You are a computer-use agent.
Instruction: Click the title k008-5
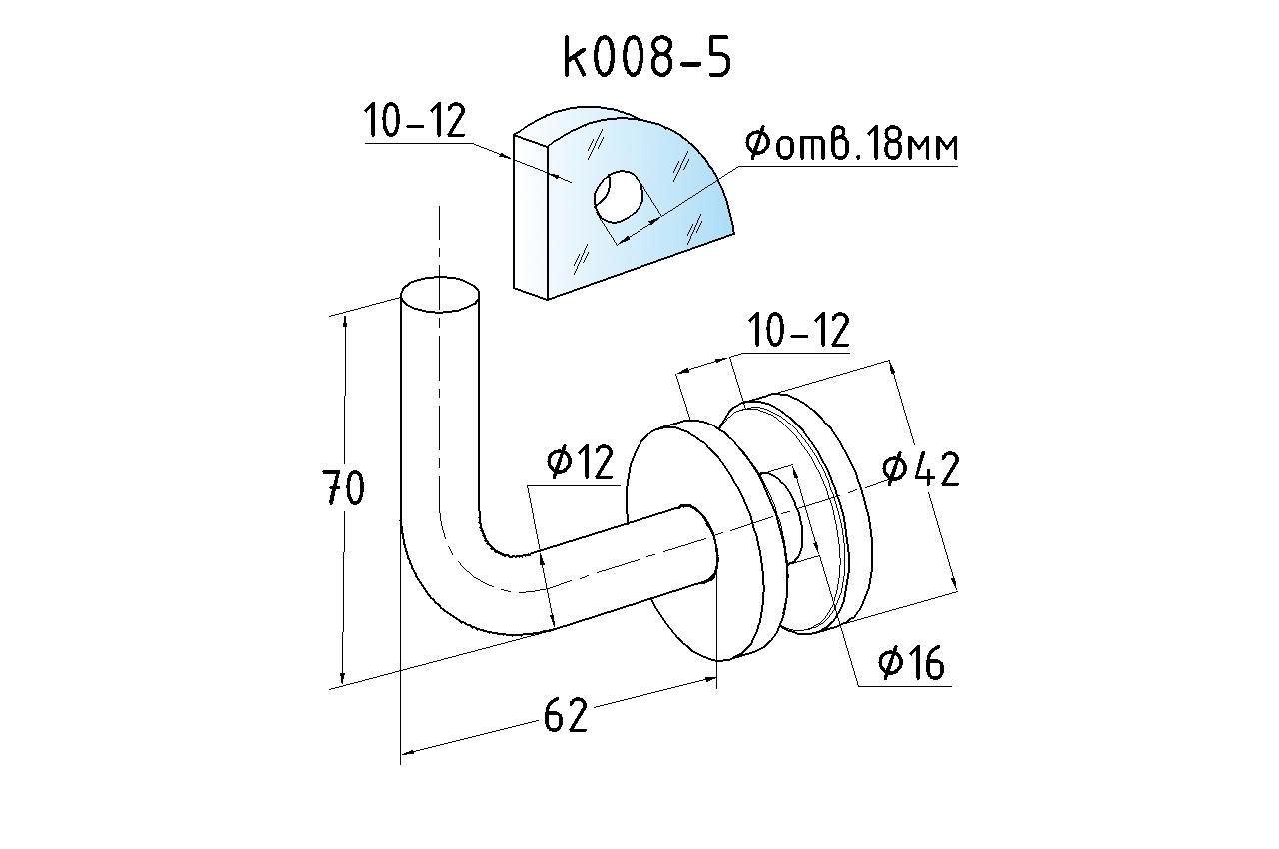tap(647, 58)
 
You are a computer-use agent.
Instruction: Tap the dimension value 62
tap(566, 715)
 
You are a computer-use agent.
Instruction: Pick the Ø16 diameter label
tap(911, 662)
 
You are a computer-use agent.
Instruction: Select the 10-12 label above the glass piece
tap(415, 122)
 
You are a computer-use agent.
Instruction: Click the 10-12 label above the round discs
tap(799, 331)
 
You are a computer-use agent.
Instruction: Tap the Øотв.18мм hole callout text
tap(851, 146)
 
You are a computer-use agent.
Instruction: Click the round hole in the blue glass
tap(619, 196)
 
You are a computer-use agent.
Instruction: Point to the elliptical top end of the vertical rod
tap(440, 295)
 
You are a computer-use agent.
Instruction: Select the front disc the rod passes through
tap(689, 599)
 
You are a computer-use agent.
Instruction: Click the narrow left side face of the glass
tap(532, 220)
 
